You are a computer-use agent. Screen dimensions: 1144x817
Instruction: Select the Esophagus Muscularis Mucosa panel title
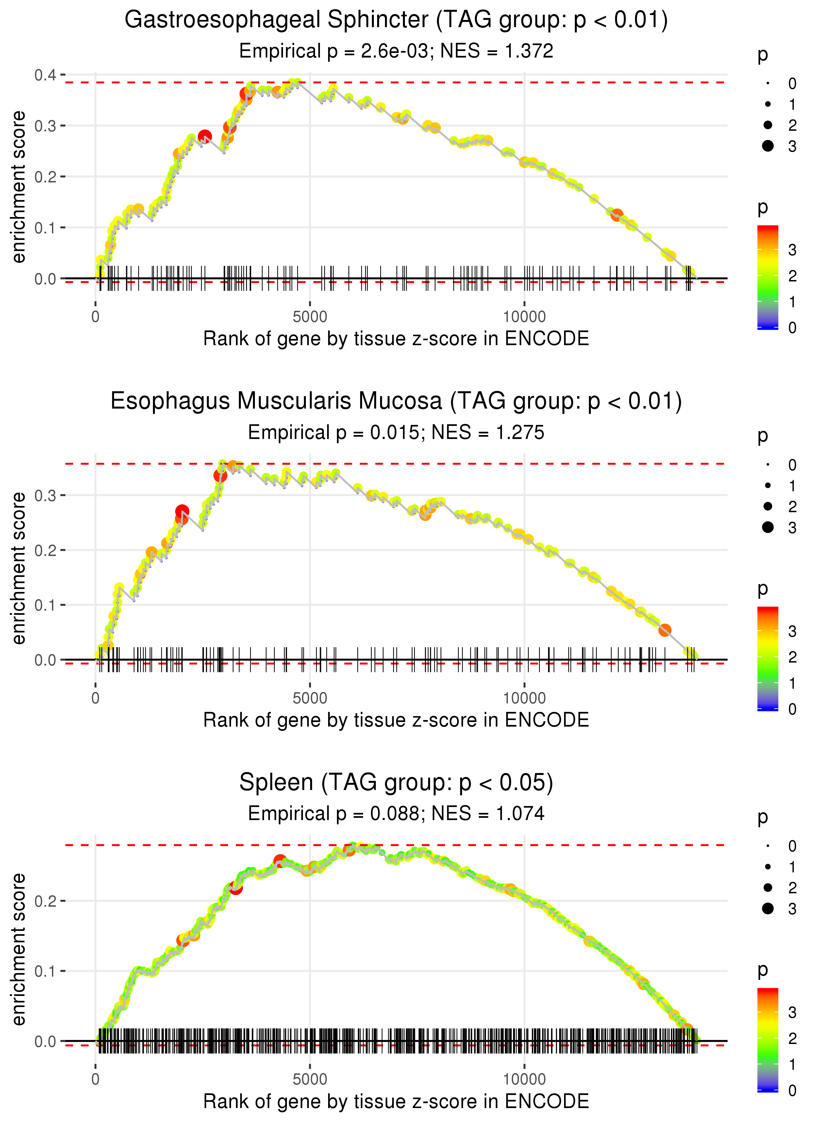pyautogui.click(x=396, y=401)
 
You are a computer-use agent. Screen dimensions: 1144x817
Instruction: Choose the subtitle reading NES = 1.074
pyautogui.click(x=396, y=814)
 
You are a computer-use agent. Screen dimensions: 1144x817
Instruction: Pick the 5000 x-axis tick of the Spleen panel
pyautogui.click(x=310, y=1079)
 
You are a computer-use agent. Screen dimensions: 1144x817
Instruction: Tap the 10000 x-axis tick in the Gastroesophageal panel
pyautogui.click(x=524, y=317)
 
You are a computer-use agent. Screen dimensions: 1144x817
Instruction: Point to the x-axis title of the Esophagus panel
pyautogui.click(x=396, y=720)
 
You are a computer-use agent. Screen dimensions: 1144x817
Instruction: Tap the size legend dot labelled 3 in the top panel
pyautogui.click(x=768, y=146)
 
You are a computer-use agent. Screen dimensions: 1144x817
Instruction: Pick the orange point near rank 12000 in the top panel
pyautogui.click(x=617, y=215)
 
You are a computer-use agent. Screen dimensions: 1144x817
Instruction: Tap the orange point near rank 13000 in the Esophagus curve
pyautogui.click(x=665, y=630)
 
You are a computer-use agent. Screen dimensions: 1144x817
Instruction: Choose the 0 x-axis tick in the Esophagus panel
pyautogui.click(x=95, y=698)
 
